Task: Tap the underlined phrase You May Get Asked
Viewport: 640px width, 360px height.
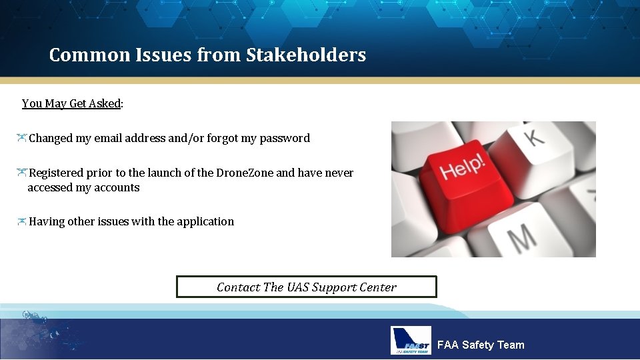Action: (x=71, y=103)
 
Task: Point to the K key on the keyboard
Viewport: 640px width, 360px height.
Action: (x=533, y=137)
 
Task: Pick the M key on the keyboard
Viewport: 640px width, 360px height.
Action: (x=522, y=236)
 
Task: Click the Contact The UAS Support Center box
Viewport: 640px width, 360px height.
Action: (x=306, y=287)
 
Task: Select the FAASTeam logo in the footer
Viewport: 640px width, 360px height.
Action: (x=411, y=341)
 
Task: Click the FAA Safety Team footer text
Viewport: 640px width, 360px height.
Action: (x=481, y=345)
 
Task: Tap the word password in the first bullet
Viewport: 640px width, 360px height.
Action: (x=285, y=139)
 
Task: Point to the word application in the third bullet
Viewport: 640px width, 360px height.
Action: (x=205, y=221)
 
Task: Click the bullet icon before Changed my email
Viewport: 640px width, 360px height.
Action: (x=22, y=138)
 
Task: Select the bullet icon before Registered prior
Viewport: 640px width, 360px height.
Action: (x=22, y=173)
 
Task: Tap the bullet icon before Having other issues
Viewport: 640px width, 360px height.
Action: (x=22, y=221)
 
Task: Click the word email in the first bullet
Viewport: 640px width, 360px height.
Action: (x=108, y=139)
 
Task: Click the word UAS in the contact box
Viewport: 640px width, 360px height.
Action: (x=298, y=287)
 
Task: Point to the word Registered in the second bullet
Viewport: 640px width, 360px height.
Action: (x=56, y=173)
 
